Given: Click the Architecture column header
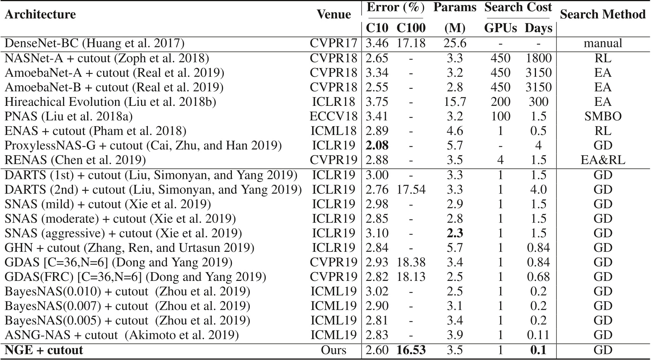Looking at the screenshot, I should click(x=40, y=15).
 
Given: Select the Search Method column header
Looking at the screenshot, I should click(x=602, y=15).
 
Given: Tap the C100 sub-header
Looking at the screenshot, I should click(x=411, y=28).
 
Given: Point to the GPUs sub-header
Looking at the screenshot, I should click(x=500, y=28).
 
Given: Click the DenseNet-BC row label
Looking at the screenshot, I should click(x=94, y=43).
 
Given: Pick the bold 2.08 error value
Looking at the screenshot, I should click(x=377, y=145).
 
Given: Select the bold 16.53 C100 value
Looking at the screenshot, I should click(x=411, y=350).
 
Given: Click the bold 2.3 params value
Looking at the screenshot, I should click(x=455, y=233).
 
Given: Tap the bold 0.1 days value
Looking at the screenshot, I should click(x=538, y=350).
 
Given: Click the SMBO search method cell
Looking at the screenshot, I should click(x=603, y=116).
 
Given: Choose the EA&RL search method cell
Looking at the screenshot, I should click(x=603, y=160).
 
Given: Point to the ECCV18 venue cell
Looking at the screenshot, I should click(x=334, y=116).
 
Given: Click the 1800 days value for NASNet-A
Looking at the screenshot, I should click(x=538, y=58).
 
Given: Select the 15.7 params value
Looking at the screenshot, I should click(x=455, y=102).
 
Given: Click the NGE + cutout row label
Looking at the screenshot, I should click(x=44, y=350).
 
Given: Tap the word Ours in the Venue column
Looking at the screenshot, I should click(x=334, y=350).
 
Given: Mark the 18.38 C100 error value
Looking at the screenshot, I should click(x=411, y=262).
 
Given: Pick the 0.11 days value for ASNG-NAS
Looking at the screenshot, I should click(x=538, y=335).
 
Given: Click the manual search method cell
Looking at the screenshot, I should click(x=603, y=43).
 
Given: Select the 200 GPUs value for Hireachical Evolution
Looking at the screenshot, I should click(x=500, y=102).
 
